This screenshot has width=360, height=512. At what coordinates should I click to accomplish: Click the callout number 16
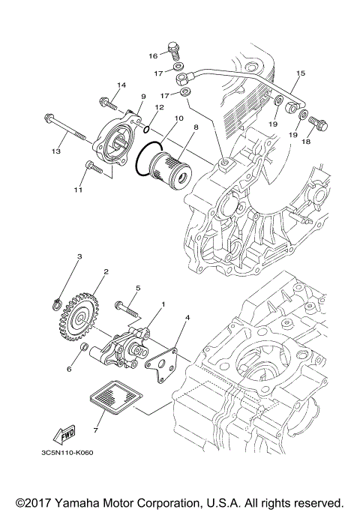(x=152, y=55)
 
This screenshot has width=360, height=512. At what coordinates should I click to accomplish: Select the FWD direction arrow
(x=64, y=436)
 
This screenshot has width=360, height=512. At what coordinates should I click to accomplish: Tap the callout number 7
(x=94, y=431)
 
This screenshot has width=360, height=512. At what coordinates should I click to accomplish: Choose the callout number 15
(x=301, y=73)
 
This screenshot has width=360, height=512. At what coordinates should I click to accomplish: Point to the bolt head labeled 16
(x=174, y=49)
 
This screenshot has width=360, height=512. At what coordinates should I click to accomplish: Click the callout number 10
(x=178, y=118)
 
